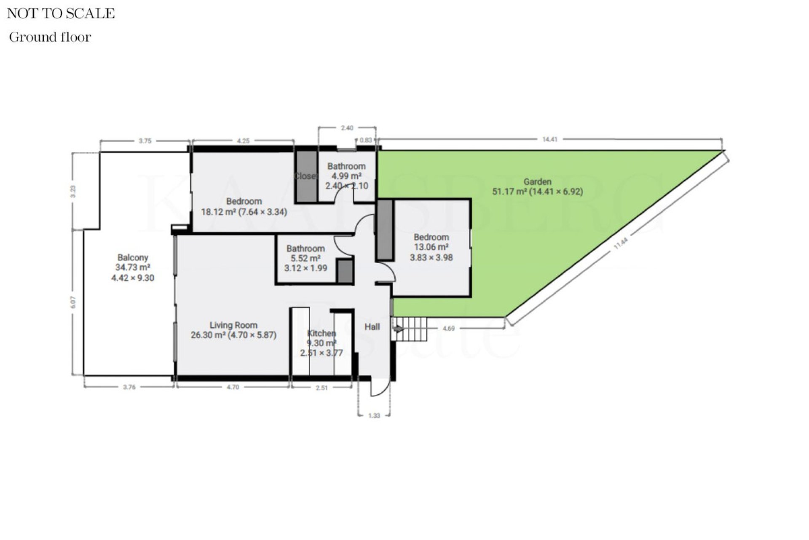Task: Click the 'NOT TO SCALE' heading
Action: point(61,13)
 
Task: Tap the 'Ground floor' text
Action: point(50,37)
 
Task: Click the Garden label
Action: point(537,182)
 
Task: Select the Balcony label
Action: point(133,257)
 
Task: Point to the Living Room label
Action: point(233,325)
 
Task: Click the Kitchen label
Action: point(321,333)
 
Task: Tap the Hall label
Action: point(372,327)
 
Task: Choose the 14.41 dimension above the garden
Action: point(550,139)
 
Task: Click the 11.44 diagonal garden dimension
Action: point(621,244)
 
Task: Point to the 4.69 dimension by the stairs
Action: point(449,328)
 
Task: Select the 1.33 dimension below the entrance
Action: point(374,416)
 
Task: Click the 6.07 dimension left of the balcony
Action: point(74,302)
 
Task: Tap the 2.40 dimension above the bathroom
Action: point(347,128)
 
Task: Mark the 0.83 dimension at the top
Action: point(366,140)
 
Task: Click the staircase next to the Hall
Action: point(411,329)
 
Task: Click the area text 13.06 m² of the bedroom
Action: point(431,247)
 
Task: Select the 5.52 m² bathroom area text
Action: point(305,258)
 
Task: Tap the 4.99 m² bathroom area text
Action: point(346,176)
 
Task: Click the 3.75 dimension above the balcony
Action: point(145,141)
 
